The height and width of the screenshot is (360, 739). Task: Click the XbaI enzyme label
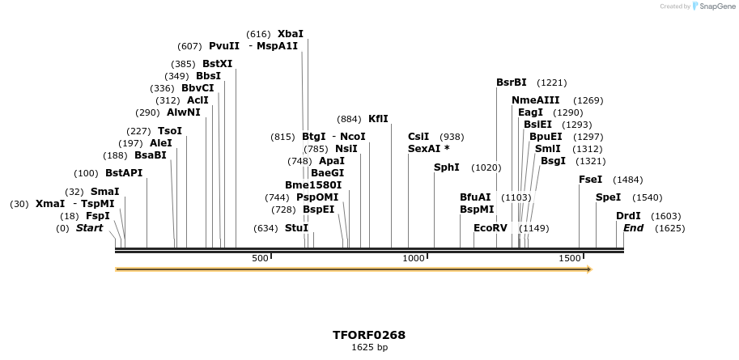coord(291,34)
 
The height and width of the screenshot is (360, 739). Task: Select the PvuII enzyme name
coord(224,46)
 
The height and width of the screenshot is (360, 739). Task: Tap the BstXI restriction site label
coord(217,64)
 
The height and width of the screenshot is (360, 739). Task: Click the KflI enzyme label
coord(378,119)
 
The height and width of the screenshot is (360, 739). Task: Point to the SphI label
coord(447,167)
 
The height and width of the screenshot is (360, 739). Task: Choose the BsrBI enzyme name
coord(512,83)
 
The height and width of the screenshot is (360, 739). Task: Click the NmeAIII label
coord(535,100)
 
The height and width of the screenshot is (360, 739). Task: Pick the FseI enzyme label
coord(590,180)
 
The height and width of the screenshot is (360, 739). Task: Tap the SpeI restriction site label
coord(608,197)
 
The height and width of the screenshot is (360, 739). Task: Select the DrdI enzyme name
coord(628,216)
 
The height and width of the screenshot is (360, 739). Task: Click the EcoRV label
coord(491,228)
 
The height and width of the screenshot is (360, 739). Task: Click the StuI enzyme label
coord(296,228)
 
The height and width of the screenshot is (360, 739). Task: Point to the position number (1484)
coord(627,180)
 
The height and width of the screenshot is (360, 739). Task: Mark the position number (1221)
coord(552,83)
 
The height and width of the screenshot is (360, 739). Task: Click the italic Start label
coord(90,228)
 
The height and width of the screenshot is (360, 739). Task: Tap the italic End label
coord(633,228)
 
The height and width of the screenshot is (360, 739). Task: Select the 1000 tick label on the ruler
coord(414,258)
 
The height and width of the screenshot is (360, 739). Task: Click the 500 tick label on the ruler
coord(260,258)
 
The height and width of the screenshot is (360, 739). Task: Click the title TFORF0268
coord(369,335)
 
